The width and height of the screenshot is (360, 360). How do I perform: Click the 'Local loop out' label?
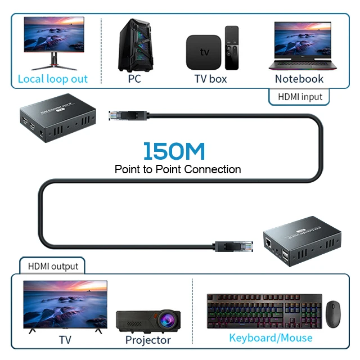pos(53,79)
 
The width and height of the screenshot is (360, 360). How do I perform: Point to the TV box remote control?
pos(232,47)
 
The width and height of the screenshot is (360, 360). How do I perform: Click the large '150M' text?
pos(174,151)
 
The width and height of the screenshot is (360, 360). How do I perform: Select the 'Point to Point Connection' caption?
pos(178,169)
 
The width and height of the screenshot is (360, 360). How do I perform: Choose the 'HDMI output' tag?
pos(53,265)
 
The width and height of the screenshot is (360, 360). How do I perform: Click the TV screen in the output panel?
pos(65,304)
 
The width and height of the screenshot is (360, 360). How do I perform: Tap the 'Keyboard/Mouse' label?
pos(271,338)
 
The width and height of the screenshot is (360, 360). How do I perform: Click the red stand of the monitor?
pos(54,61)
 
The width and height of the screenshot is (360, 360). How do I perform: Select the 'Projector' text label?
pos(148,340)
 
